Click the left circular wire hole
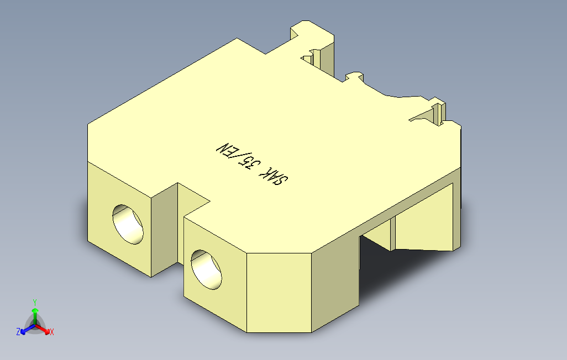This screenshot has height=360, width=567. coord(128,224)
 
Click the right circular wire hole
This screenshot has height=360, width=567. coord(206,269)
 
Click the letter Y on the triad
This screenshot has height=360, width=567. coord(34,302)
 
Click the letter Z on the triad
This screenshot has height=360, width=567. coord(18,332)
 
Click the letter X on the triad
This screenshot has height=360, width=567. coord(51,332)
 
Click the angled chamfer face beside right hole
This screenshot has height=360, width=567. coord(279,293)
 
